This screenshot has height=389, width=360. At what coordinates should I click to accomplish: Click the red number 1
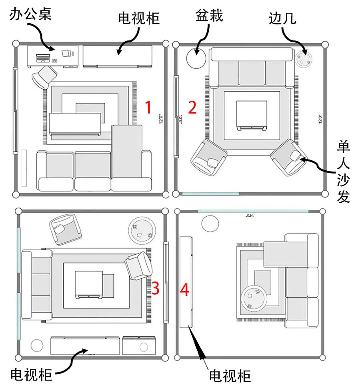coord(148,108)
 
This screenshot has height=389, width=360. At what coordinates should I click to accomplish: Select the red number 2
coord(192,108)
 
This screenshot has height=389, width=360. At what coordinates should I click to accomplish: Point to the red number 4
coord(184,289)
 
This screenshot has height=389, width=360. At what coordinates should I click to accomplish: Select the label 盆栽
coord(209,16)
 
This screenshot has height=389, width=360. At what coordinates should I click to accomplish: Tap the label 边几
coord(282,18)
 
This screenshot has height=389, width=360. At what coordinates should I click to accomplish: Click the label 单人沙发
coord(344,172)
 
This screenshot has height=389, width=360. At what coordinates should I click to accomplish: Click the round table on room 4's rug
coord(254,298)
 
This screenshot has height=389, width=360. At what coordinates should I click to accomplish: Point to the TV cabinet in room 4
coord(187,282)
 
